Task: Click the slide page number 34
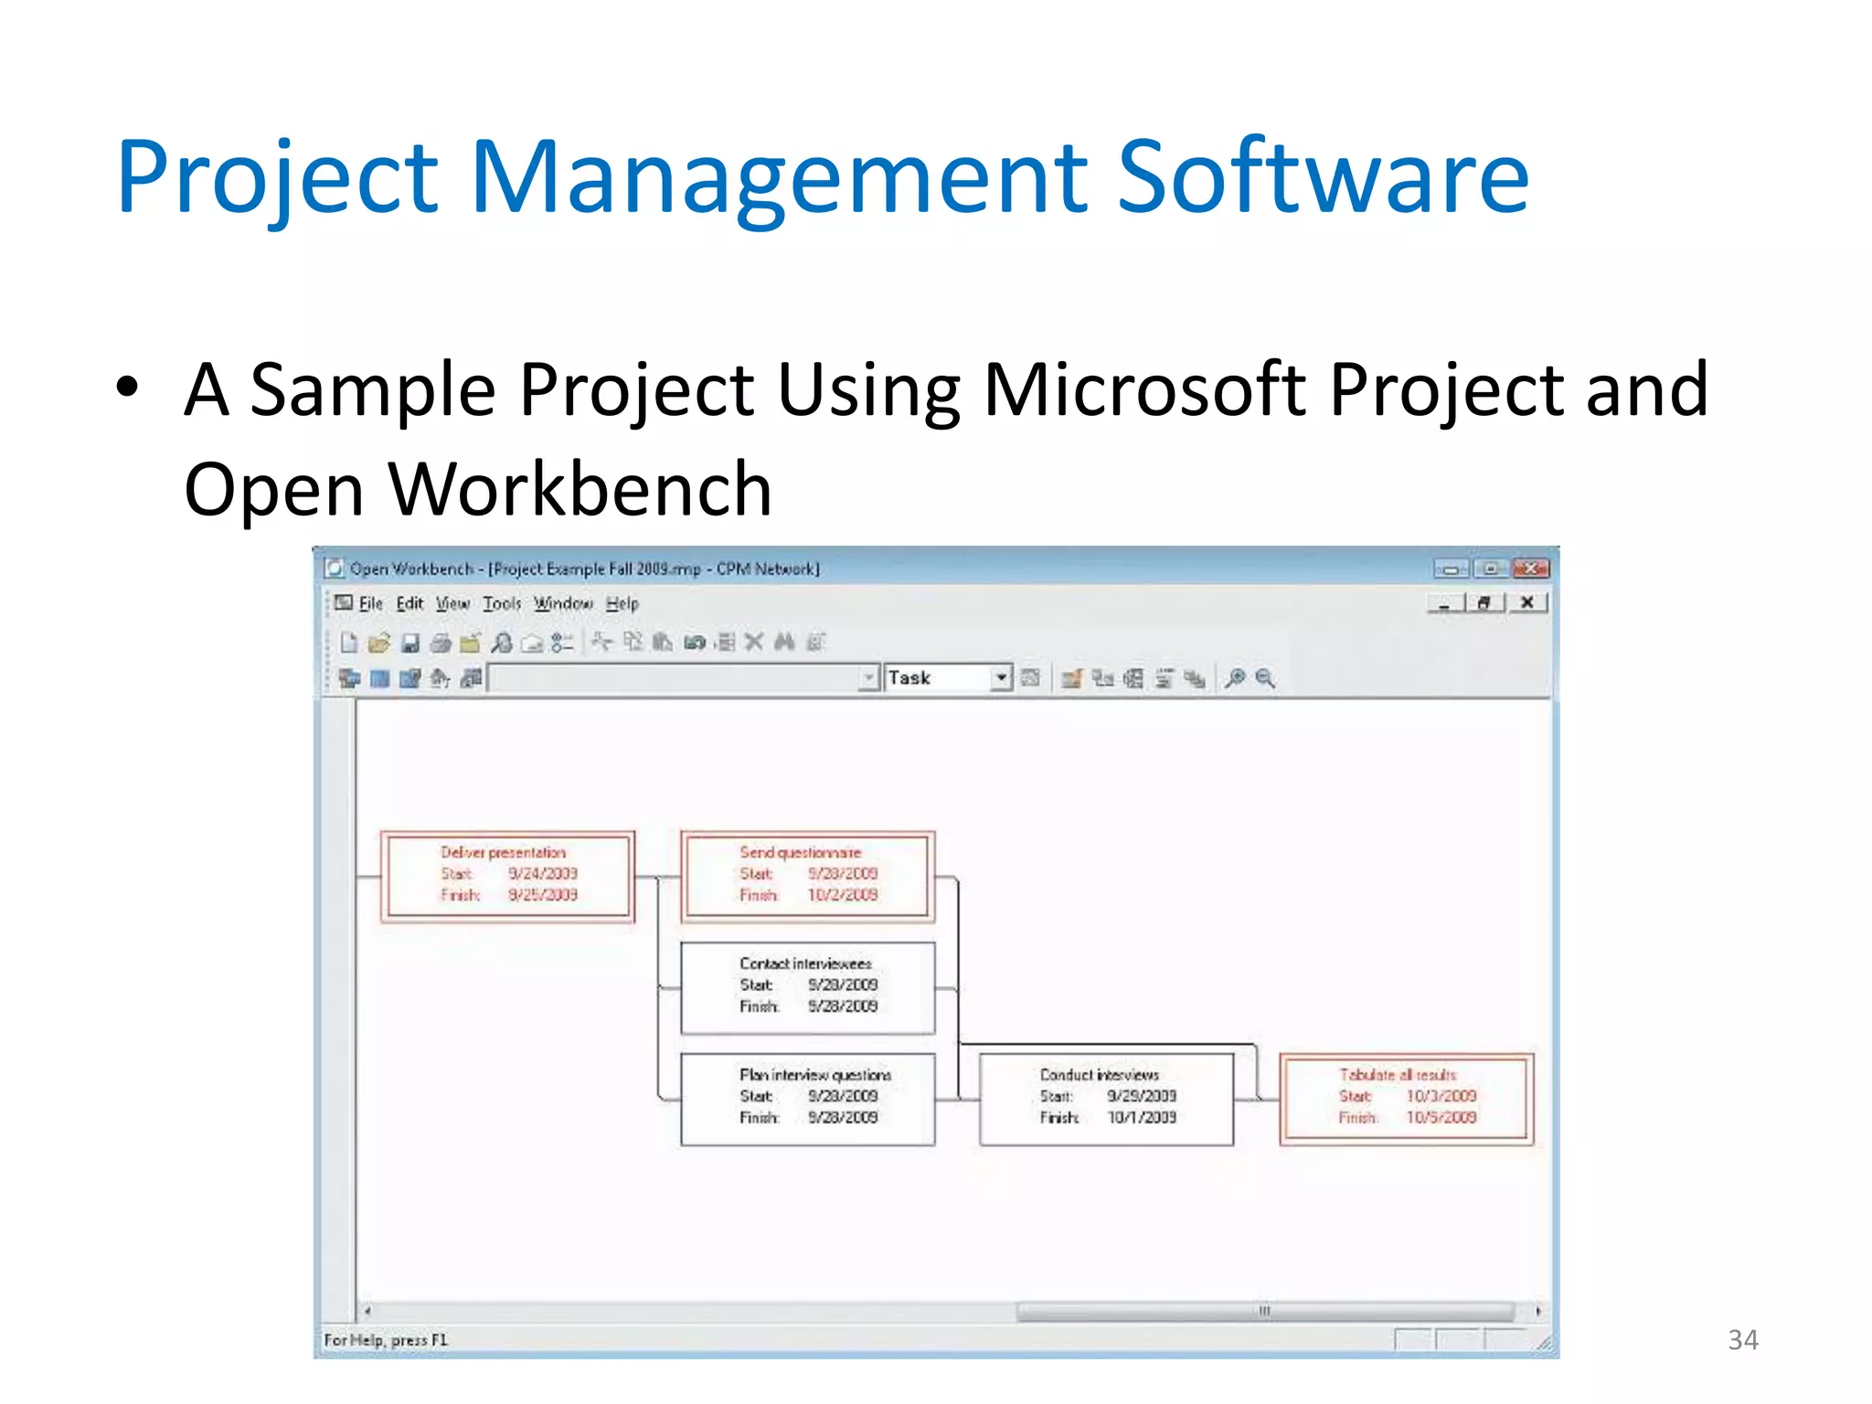pos(1742,1340)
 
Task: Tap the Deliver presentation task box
pos(507,876)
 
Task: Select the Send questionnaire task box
pos(807,876)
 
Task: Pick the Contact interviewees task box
pos(807,987)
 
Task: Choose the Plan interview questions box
pos(807,1098)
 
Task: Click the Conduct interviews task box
pos(1106,1098)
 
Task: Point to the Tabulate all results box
pos(1406,1098)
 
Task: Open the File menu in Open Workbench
pos(370,603)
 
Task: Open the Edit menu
pos(409,603)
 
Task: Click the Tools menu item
pos(502,603)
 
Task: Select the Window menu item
pos(563,603)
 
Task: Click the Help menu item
pos(622,603)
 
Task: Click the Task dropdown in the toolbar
pos(948,677)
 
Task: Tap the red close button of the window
pos(1530,569)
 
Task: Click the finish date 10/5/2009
pos(1441,1117)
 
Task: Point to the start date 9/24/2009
pos(543,873)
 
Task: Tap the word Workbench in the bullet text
pos(580,490)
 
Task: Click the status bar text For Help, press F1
pos(386,1340)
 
